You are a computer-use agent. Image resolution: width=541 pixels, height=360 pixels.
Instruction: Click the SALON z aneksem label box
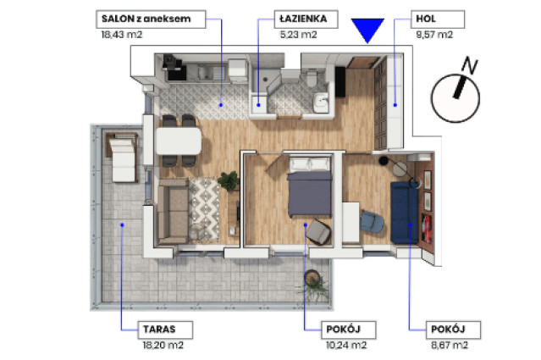pos(151,19)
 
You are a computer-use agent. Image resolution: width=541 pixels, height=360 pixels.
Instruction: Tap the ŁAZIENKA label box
pos(306,19)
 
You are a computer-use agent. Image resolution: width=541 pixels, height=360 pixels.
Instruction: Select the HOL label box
pos(438,19)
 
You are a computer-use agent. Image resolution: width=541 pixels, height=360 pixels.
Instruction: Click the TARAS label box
pos(165,330)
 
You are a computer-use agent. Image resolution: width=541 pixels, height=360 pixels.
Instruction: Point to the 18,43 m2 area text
pos(121,35)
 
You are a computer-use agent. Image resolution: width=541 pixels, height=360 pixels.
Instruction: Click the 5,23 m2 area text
pos(299,35)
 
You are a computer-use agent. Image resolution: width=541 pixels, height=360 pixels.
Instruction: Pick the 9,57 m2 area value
pos(434,35)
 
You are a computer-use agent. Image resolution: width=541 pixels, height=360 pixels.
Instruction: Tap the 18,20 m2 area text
pos(163,345)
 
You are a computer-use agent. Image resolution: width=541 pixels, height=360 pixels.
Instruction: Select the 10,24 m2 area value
pos(346,345)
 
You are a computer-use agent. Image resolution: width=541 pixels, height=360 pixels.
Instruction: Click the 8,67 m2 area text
pos(450,345)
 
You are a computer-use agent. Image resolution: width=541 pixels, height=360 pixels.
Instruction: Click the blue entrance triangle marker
pos(367,29)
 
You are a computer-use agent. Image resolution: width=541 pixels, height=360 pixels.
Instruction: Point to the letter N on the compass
pos(470,65)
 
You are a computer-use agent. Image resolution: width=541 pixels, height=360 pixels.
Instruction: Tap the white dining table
pos(179,141)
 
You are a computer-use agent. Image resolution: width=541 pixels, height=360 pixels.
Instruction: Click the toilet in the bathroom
pos(312,77)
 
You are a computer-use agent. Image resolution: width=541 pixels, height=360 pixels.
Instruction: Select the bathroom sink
pos(321,102)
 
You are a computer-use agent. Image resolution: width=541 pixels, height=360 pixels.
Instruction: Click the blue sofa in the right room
pos(404,213)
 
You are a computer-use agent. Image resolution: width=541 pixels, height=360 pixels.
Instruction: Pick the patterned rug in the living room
pos(204,209)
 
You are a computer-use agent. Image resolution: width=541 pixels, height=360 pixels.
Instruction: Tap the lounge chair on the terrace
pos(122,158)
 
